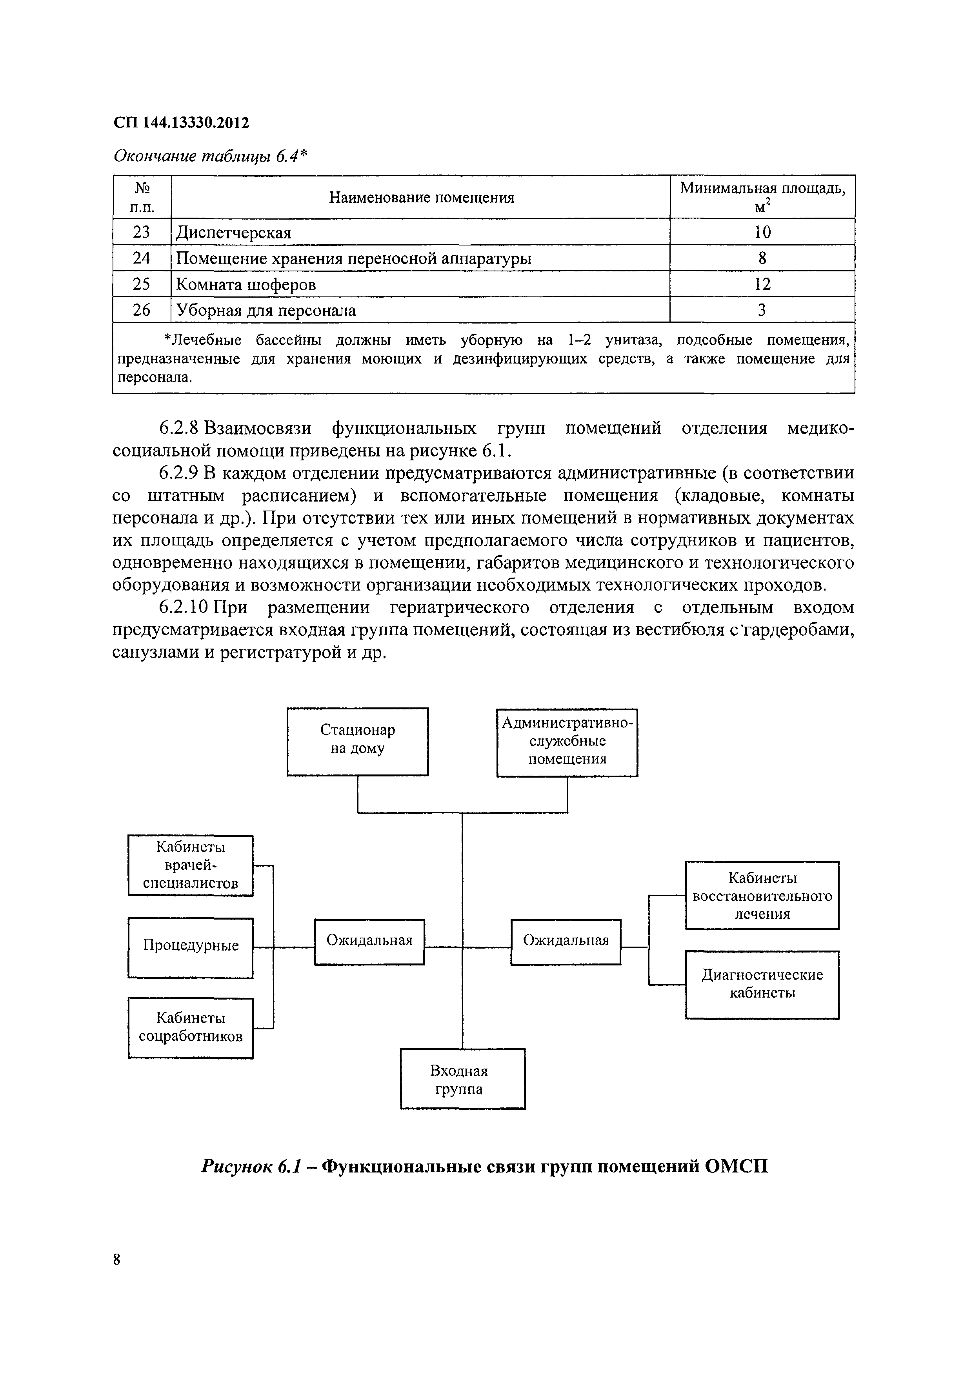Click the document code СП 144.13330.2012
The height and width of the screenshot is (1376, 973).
[x=181, y=123]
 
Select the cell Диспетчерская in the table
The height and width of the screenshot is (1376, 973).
[x=233, y=233]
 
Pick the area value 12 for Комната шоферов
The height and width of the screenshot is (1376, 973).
[x=762, y=284]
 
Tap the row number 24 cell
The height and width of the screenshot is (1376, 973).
[x=142, y=258]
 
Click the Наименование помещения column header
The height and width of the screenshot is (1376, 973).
[x=422, y=198]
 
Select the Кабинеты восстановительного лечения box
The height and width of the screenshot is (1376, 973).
[x=762, y=895]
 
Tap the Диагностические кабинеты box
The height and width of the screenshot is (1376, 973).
[x=762, y=984]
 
